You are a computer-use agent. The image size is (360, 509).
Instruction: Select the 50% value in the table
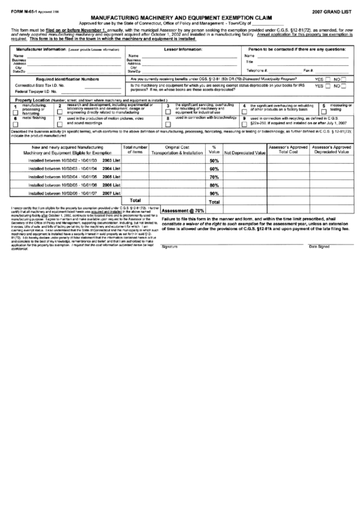click(x=214, y=160)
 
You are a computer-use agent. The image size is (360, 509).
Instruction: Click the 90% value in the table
click(x=214, y=193)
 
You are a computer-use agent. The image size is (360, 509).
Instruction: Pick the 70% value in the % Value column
click(x=214, y=177)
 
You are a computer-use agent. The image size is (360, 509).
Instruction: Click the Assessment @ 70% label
click(x=183, y=211)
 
